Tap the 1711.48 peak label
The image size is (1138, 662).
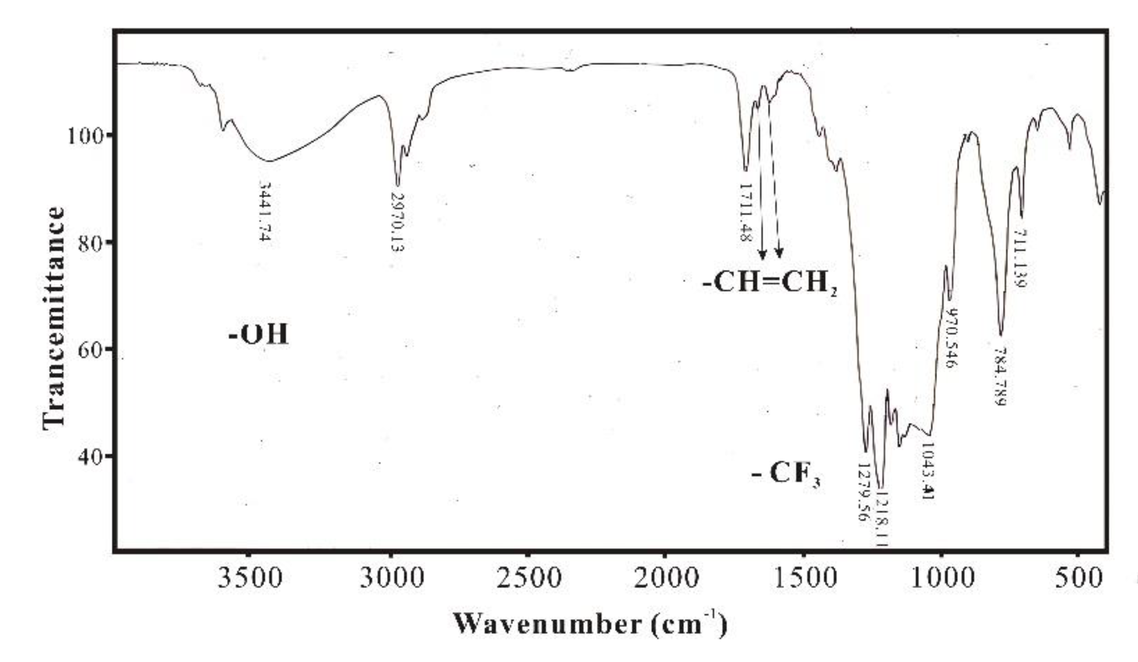click(x=745, y=213)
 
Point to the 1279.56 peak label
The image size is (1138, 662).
click(x=862, y=492)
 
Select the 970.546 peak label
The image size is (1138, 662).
click(x=950, y=338)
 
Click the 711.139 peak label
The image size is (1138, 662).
click(x=1019, y=259)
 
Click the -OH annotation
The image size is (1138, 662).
click(x=258, y=335)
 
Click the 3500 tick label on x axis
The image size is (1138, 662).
click(x=250, y=578)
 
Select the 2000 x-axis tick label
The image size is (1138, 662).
click(x=666, y=578)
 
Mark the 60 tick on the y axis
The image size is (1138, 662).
click(x=91, y=349)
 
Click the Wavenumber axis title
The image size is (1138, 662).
click(x=590, y=624)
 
